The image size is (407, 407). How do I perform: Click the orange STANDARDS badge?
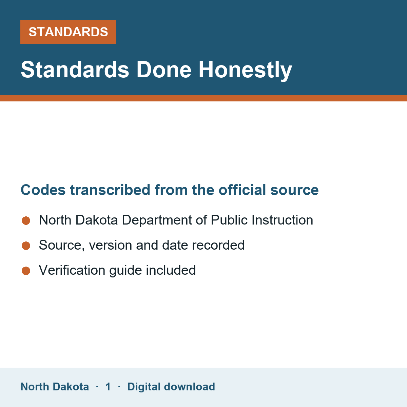coord(68,32)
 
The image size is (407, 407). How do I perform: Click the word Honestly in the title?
coord(245,70)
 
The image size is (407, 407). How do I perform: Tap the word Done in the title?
coord(164,70)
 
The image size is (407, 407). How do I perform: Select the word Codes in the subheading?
coord(43,190)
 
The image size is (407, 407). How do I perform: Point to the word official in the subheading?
coord(242,190)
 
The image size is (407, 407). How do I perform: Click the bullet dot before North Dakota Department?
coord(26,220)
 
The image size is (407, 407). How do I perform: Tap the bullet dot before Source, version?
coord(26,246)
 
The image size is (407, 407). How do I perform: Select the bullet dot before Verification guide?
coord(26,271)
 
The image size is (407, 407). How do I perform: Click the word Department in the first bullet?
coord(157,220)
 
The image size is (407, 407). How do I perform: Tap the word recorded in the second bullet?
coord(218,245)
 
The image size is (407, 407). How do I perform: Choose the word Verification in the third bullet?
coord(72,270)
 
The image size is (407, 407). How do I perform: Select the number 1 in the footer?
coord(108,387)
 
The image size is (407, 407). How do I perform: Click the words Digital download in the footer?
coord(171,387)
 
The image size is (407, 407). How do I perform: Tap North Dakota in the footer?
coord(55,387)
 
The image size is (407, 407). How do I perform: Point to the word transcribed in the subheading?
coord(110,190)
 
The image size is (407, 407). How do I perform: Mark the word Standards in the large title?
coord(75,70)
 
